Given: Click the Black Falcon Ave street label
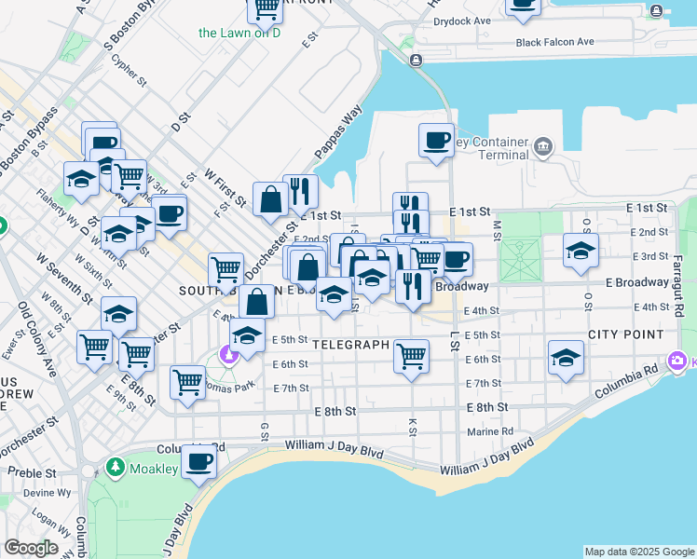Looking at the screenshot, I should click(554, 42).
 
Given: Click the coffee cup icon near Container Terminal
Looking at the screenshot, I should click(435, 141).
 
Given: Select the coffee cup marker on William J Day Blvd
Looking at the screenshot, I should click(198, 460).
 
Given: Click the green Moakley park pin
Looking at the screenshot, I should click(115, 466).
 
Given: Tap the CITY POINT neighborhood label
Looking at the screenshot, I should click(625, 334).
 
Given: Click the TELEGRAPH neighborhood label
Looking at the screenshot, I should click(349, 344).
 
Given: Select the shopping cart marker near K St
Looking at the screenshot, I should click(410, 355).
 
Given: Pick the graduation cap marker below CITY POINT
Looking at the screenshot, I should click(565, 358).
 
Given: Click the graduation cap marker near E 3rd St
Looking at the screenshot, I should click(580, 251).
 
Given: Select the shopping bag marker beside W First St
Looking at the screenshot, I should click(269, 198).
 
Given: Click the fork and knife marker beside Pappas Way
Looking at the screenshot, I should click(299, 192).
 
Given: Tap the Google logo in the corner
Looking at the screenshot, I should click(31, 548).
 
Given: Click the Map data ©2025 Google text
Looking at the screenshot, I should click(638, 552).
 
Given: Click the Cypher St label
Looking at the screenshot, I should click(130, 70).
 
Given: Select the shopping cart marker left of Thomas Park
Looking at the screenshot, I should click(187, 382).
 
